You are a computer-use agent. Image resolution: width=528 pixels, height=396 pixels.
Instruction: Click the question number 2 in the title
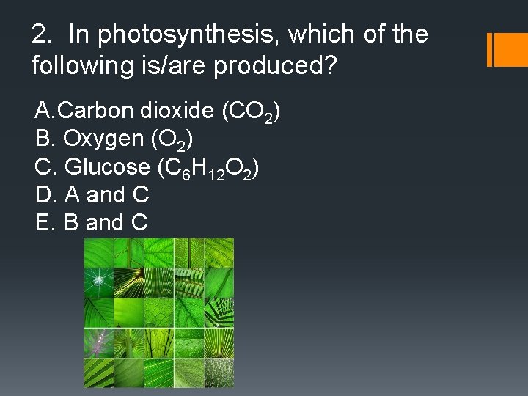40,34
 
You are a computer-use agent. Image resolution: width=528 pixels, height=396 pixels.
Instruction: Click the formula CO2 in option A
254,112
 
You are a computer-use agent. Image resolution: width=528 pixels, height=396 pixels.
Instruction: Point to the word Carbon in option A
92,111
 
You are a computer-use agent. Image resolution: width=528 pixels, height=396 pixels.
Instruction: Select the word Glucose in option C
107,166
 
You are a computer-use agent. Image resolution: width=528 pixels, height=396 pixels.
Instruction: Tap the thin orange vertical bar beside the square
489,49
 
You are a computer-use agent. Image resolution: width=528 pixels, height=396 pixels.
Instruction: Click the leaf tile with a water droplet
98,283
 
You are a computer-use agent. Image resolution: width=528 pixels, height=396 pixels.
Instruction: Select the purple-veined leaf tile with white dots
98,342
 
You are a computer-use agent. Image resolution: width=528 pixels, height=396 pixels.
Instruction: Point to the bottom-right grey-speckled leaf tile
219,373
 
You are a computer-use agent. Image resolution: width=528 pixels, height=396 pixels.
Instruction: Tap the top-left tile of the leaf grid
98,253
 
